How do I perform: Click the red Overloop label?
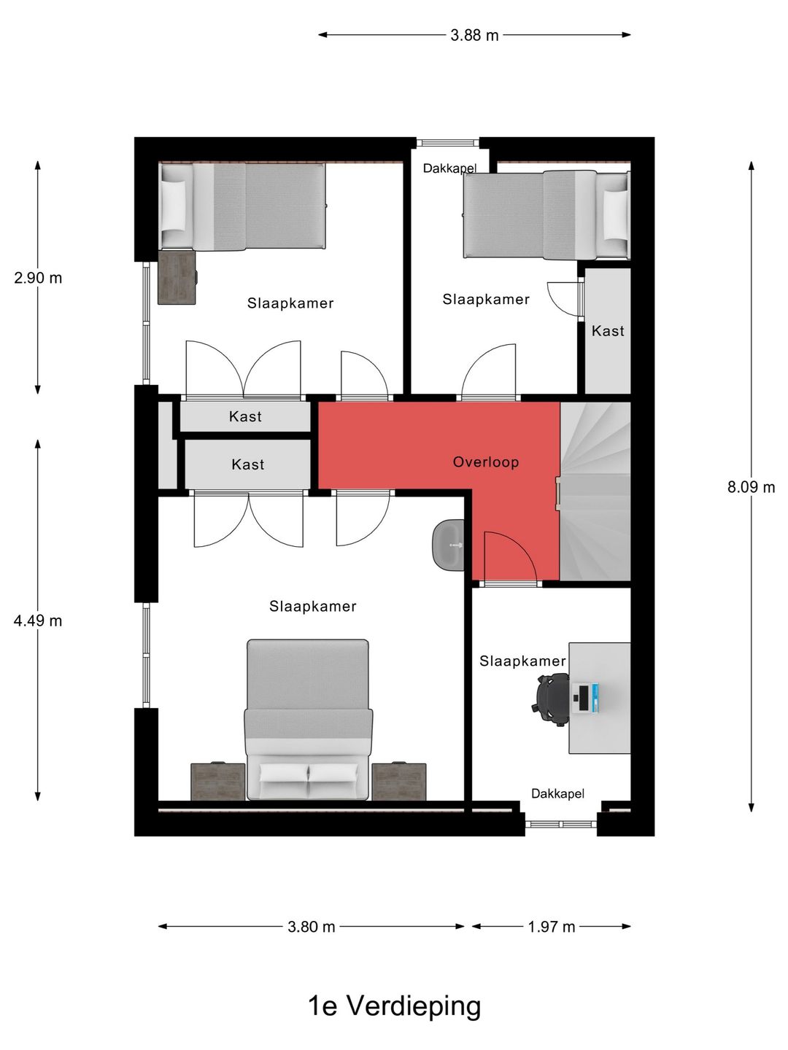click(486, 462)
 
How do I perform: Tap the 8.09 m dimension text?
click(752, 487)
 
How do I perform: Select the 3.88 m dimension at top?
click(474, 36)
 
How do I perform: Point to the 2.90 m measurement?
click(38, 278)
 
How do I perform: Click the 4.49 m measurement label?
click(38, 621)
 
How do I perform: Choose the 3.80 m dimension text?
click(311, 927)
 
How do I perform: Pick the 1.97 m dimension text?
click(551, 927)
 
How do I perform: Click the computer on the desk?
click(586, 699)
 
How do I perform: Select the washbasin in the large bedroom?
click(448, 545)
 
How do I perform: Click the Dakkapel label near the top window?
click(449, 168)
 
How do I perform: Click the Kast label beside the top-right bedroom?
click(608, 330)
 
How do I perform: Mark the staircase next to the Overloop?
click(595, 491)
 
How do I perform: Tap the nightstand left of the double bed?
click(217, 781)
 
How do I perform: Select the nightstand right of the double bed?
click(399, 781)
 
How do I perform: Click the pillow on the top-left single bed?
click(173, 206)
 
